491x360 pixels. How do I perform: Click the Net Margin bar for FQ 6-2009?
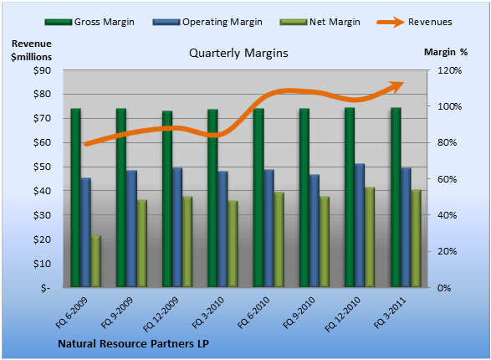[x=96, y=261]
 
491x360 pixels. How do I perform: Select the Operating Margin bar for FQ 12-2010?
[x=360, y=225]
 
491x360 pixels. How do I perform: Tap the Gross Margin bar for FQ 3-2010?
[x=212, y=198]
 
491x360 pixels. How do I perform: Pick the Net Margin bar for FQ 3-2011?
[x=416, y=238]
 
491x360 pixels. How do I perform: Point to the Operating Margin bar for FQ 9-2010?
[x=314, y=230]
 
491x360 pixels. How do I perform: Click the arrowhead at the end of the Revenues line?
[x=396, y=86]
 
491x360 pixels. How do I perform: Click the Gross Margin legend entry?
[x=90, y=22]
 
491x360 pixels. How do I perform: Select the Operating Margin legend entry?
[x=207, y=22]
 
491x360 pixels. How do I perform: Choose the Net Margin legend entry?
[x=320, y=22]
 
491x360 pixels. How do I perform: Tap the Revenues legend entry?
[x=414, y=22]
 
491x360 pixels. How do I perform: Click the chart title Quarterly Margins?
[x=238, y=53]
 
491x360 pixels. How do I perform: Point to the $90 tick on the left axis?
[x=42, y=70]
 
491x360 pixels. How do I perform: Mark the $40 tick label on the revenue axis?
[x=42, y=191]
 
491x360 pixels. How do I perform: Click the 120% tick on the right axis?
[x=449, y=70]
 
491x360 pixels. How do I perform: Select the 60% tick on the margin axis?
[x=447, y=179]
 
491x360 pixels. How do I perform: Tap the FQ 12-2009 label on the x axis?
[x=161, y=314]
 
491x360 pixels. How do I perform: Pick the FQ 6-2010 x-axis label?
[x=253, y=312]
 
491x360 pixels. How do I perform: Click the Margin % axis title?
[x=446, y=52]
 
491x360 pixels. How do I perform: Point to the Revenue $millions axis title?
[x=31, y=50]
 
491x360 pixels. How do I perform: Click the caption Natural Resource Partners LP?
[x=133, y=344]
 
